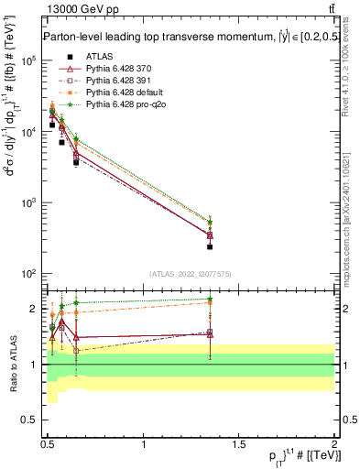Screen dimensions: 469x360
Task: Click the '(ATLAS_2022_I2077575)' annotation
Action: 190,274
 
